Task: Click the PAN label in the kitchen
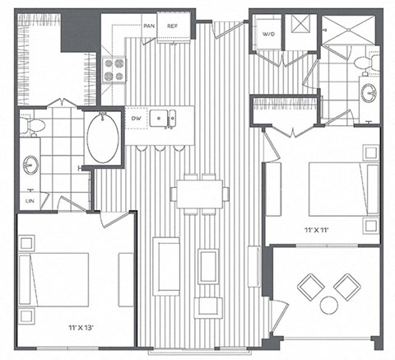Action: pyautogui.click(x=149, y=26)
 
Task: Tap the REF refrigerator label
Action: pyautogui.click(x=173, y=26)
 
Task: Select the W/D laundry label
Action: pyautogui.click(x=268, y=35)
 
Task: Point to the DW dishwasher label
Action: pyautogui.click(x=137, y=118)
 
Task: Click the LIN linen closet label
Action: pyautogui.click(x=30, y=199)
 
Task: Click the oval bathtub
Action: pyautogui.click(x=103, y=137)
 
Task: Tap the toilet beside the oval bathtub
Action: pyautogui.click(x=35, y=125)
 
